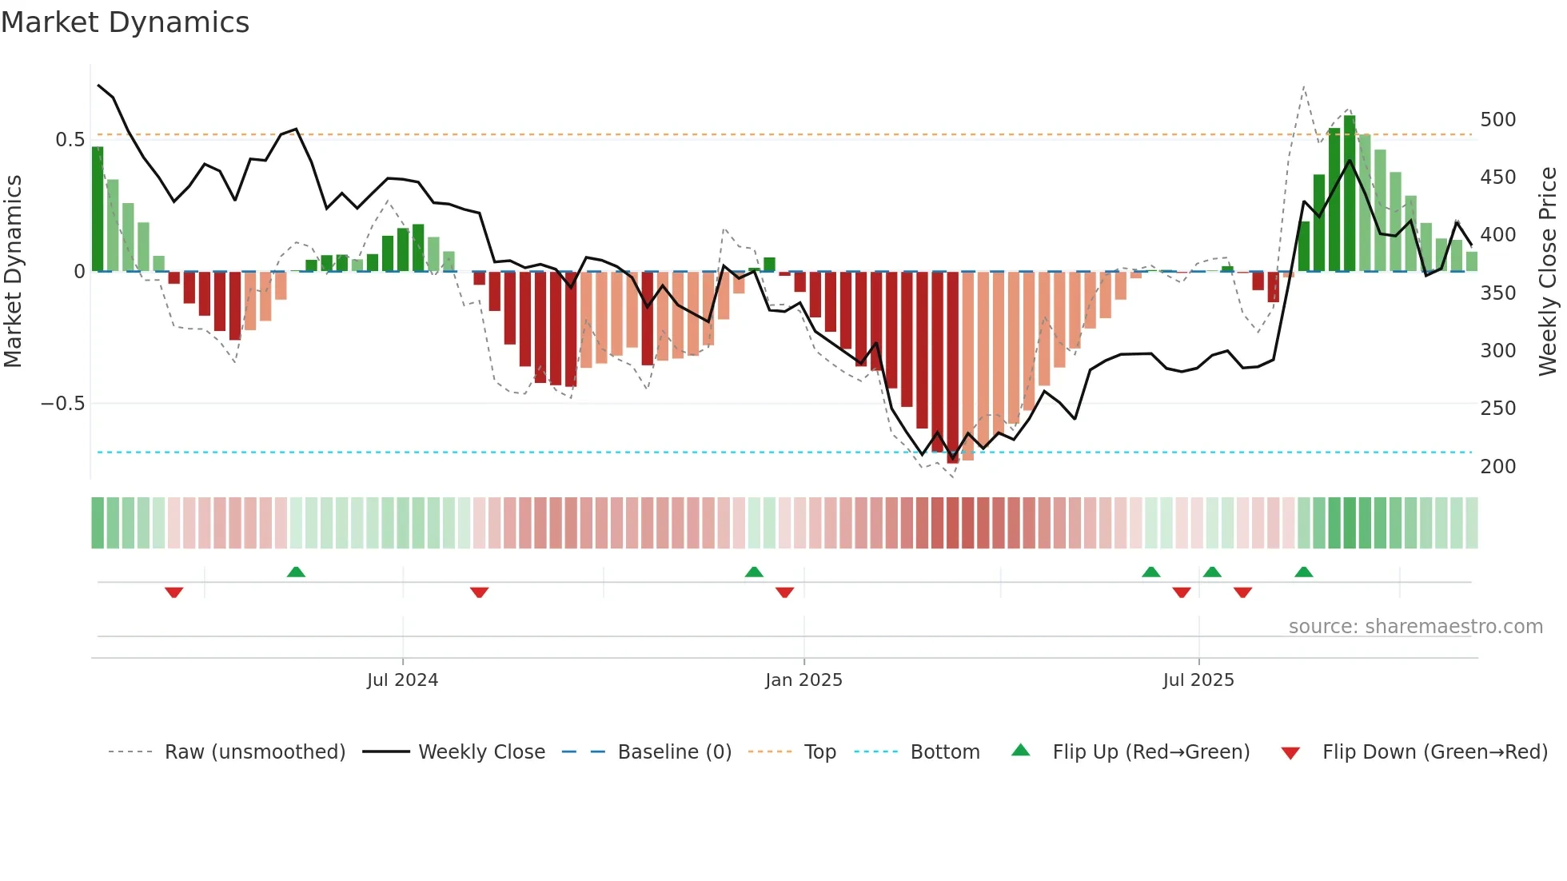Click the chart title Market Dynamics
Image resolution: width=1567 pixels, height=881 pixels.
[x=126, y=22]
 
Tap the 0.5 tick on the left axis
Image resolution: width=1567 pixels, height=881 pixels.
[x=70, y=140]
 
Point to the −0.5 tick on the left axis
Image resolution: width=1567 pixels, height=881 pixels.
[x=63, y=404]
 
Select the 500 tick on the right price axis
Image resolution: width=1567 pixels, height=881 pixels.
[x=1497, y=120]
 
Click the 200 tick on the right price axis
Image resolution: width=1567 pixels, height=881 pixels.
[x=1497, y=467]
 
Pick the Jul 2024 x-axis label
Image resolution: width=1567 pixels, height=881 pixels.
[x=402, y=680]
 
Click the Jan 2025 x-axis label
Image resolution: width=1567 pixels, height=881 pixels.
[x=803, y=680]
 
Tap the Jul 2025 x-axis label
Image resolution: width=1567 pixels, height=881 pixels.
[x=1198, y=680]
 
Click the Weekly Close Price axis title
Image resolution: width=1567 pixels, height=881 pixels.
[x=1549, y=272]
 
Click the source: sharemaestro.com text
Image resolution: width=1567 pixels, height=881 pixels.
[x=1415, y=627]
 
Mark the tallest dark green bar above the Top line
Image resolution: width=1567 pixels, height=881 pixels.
[x=1350, y=192]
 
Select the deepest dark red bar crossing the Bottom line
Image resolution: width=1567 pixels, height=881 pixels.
[x=953, y=368]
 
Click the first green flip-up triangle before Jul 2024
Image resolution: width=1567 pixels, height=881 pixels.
[x=296, y=572]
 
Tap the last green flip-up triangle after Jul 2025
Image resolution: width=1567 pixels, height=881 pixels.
[x=1304, y=572]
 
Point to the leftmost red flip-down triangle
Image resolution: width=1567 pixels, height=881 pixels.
[x=174, y=592]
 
